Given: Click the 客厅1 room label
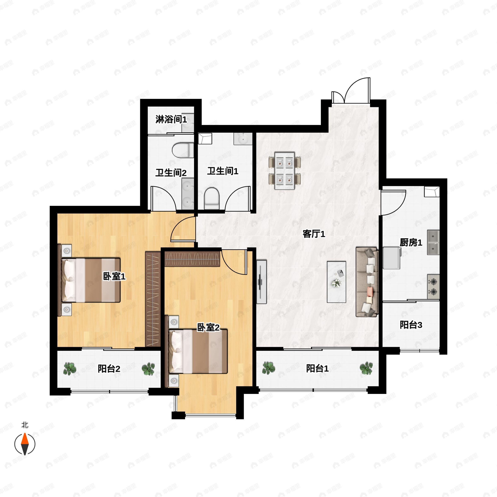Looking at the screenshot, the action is pyautogui.click(x=314, y=234).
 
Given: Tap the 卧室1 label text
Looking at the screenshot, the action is pyautogui.click(x=114, y=276).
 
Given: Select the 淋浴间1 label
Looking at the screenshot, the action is pyautogui.click(x=171, y=119).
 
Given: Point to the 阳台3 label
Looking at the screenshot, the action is pyautogui.click(x=411, y=325).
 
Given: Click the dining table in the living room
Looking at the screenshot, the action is pyautogui.click(x=285, y=171).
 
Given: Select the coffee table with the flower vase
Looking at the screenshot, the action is pyautogui.click(x=336, y=282).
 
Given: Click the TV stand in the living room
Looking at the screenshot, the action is pyautogui.click(x=261, y=282).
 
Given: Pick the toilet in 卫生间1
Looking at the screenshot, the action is pyautogui.click(x=211, y=198).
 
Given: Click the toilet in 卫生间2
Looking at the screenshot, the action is pyautogui.click(x=183, y=150).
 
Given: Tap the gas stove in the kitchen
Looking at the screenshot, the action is pyautogui.click(x=433, y=287).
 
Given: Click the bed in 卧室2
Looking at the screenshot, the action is pyautogui.click(x=198, y=351).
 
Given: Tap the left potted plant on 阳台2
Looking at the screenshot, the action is pyautogui.click(x=70, y=369).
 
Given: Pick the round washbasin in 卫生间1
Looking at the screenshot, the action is pyautogui.click(x=242, y=139).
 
